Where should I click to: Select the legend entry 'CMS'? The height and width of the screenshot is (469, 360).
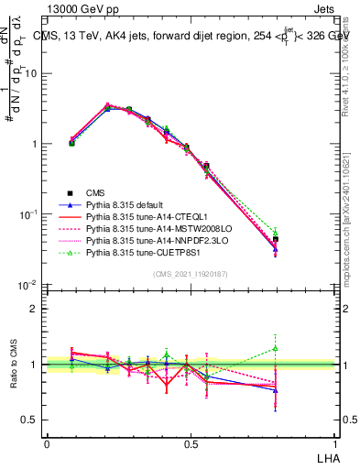(97, 193)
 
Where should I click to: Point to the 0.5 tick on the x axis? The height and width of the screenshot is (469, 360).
(191, 442)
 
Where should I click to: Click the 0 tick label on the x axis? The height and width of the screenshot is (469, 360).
(47, 442)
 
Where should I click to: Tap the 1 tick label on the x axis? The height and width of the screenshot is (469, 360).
(334, 442)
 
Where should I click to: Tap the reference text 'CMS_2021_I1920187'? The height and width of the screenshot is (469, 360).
(191, 274)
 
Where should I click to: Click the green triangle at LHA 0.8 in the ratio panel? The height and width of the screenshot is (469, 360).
(277, 348)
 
